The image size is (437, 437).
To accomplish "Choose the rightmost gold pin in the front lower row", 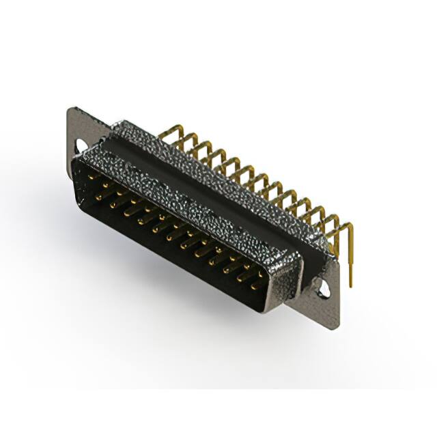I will click(254, 287).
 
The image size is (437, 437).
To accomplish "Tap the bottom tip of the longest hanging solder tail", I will click(351, 285).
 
